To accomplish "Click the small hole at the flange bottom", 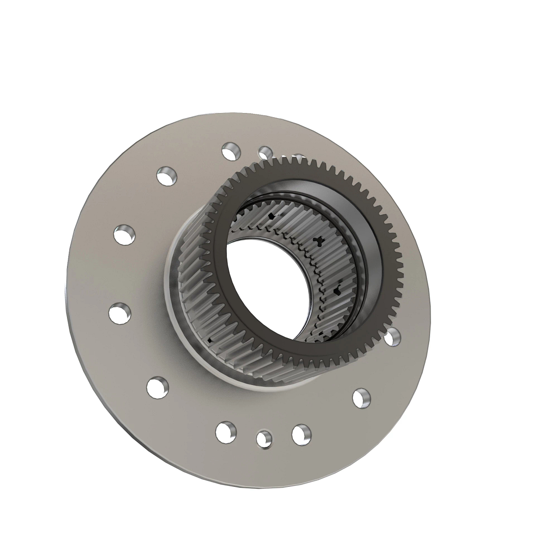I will (264, 438).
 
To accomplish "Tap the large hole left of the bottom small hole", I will (226, 432).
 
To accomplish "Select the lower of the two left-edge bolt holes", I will (120, 312).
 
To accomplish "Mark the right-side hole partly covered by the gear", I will (393, 336).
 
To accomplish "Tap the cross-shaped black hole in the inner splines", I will (319, 240).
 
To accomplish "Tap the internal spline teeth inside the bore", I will (298, 232).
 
